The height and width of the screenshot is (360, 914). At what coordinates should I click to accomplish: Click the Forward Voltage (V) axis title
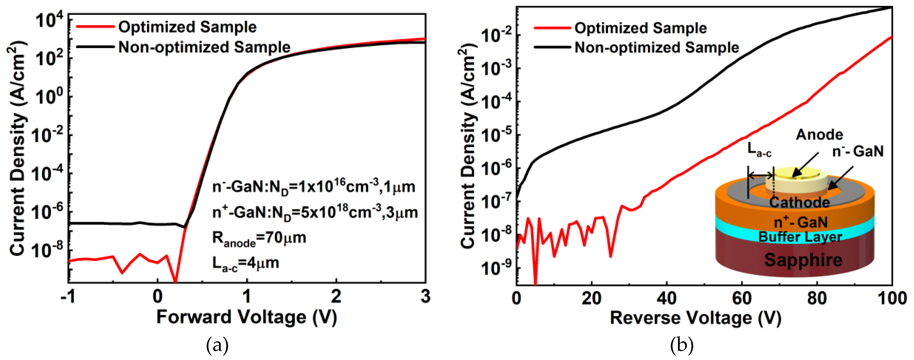pos(247,317)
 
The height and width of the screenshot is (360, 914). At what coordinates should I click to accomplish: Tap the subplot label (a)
pos(217,345)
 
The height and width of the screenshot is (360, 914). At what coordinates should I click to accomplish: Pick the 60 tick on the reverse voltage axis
pos(742,298)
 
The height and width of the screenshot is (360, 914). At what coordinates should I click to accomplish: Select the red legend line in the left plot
pos(95,27)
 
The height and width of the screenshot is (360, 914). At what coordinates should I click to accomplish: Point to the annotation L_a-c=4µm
pos(246,263)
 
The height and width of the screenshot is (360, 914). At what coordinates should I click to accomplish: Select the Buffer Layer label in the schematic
pos(800,237)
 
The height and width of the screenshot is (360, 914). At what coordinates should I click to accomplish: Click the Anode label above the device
pos(819,135)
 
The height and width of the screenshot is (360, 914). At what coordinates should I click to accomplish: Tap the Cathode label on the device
pos(799,202)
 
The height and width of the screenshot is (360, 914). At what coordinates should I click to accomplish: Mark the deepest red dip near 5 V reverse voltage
pos(535,282)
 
